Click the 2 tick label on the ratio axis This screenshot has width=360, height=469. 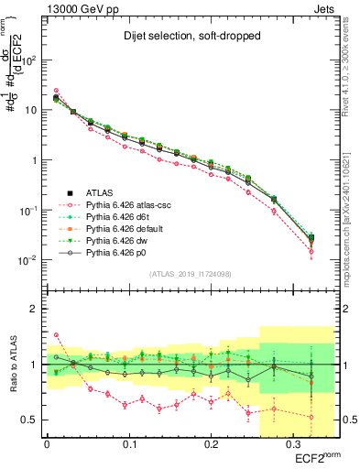[x=36, y=309]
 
